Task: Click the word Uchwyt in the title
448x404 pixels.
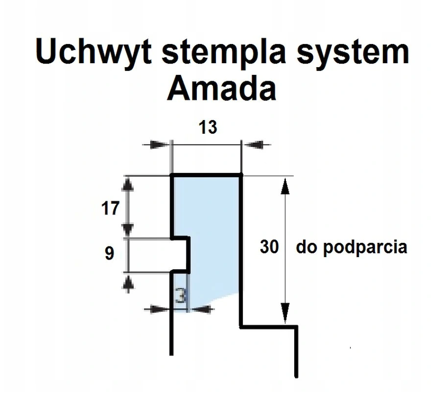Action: pyautogui.click(x=94, y=52)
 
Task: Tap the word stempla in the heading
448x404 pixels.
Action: pyautogui.click(x=224, y=52)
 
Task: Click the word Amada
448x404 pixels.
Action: pyautogui.click(x=222, y=89)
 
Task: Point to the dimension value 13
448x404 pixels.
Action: pyautogui.click(x=208, y=127)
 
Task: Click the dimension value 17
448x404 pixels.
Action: pyautogui.click(x=110, y=208)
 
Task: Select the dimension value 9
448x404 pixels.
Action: pyautogui.click(x=109, y=253)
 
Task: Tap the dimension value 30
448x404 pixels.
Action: pyautogui.click(x=269, y=247)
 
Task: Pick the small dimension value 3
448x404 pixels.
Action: pyautogui.click(x=181, y=296)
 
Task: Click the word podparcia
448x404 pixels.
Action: pyautogui.click(x=365, y=247)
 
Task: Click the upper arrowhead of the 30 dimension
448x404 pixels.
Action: pyautogui.click(x=284, y=186)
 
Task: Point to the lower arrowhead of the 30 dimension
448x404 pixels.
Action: pyautogui.click(x=285, y=313)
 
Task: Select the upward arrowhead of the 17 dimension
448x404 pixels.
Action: pyautogui.click(x=128, y=184)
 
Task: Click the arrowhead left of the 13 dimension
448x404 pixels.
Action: pyautogui.click(x=159, y=144)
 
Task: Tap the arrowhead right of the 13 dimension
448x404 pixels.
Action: pyautogui.click(x=254, y=144)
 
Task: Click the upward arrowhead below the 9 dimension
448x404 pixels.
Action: pyautogui.click(x=128, y=282)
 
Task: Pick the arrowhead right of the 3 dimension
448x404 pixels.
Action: pyautogui.click(x=201, y=309)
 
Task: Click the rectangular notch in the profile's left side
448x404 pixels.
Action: pyautogui.click(x=180, y=254)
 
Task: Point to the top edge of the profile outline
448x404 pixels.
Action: pyautogui.click(x=206, y=174)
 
